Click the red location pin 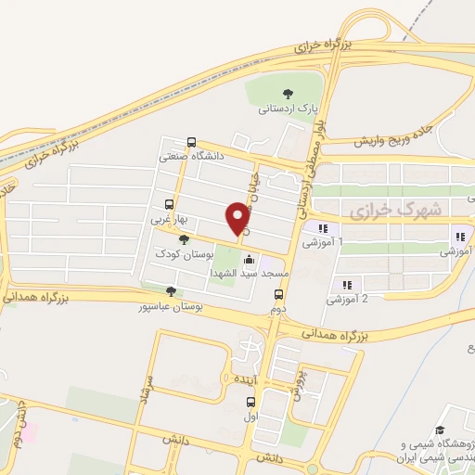coord(237,218)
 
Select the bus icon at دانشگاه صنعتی coord(191,143)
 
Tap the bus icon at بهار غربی coord(169,205)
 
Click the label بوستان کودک coord(186,253)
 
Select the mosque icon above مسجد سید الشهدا coord(250,262)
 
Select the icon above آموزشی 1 coord(322,227)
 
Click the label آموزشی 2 coord(350,299)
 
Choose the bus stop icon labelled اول coord(250,403)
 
